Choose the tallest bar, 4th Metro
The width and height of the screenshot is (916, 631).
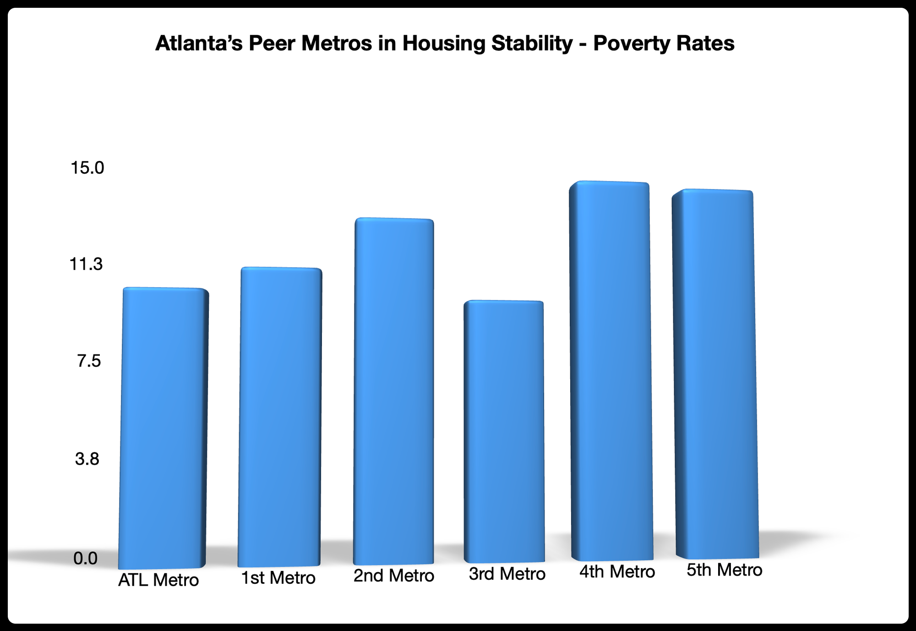(x=611, y=371)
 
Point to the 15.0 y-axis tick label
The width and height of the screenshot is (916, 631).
(x=87, y=168)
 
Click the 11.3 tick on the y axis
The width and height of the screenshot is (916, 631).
(x=86, y=264)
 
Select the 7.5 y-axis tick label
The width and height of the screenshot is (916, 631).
(x=89, y=362)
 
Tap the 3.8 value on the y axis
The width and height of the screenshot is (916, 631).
(x=87, y=459)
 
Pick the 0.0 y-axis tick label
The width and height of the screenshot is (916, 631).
(x=86, y=558)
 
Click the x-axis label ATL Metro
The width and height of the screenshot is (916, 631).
(x=158, y=580)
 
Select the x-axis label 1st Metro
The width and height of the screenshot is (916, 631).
(x=278, y=578)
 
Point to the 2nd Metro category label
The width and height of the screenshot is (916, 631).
(x=394, y=576)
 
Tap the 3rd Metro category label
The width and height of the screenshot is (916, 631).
(x=507, y=574)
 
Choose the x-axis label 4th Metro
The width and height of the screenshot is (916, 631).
(x=617, y=572)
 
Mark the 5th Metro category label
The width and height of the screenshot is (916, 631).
(x=725, y=570)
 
